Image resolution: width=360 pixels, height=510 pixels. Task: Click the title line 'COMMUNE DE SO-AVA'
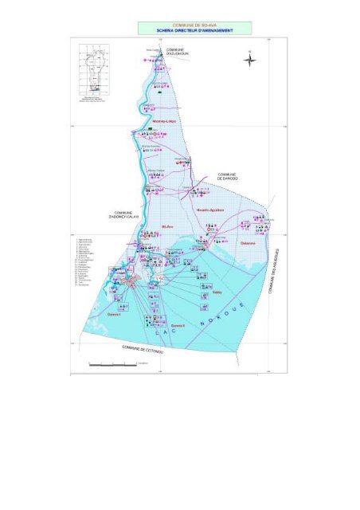[x=195, y=25]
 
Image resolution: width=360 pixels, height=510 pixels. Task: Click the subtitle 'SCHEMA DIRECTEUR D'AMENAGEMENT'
[x=195, y=30]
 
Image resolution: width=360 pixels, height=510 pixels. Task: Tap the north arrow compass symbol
[x=249, y=59]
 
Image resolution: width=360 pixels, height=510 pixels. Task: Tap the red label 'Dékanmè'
[x=248, y=243]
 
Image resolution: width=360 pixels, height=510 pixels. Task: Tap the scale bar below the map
[x=112, y=364]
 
